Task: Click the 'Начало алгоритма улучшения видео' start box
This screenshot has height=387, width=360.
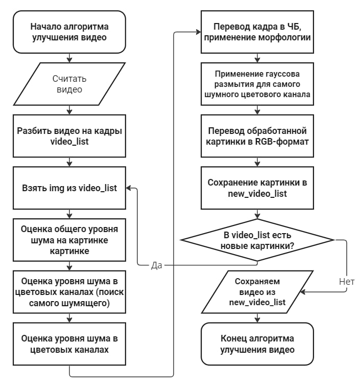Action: [69, 32]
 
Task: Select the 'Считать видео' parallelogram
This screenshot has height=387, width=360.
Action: [69, 84]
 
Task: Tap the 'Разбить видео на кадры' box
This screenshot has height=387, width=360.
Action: [69, 136]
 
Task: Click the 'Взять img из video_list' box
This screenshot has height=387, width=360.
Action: [69, 188]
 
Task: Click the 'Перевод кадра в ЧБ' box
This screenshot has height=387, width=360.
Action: [257, 32]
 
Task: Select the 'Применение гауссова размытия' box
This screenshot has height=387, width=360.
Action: [257, 84]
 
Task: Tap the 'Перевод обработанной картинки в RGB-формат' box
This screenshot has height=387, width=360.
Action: [257, 136]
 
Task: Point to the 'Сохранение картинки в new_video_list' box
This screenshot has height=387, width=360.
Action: [257, 188]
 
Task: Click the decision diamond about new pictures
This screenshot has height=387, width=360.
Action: [257, 240]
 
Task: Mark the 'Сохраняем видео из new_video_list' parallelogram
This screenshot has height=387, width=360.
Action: [257, 292]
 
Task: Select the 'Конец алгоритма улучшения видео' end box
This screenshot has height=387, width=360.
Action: [257, 344]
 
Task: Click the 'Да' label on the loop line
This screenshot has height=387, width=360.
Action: [156, 265]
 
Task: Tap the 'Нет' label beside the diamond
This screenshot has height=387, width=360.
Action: [347, 281]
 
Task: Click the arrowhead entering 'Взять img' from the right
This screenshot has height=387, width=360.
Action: [129, 188]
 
